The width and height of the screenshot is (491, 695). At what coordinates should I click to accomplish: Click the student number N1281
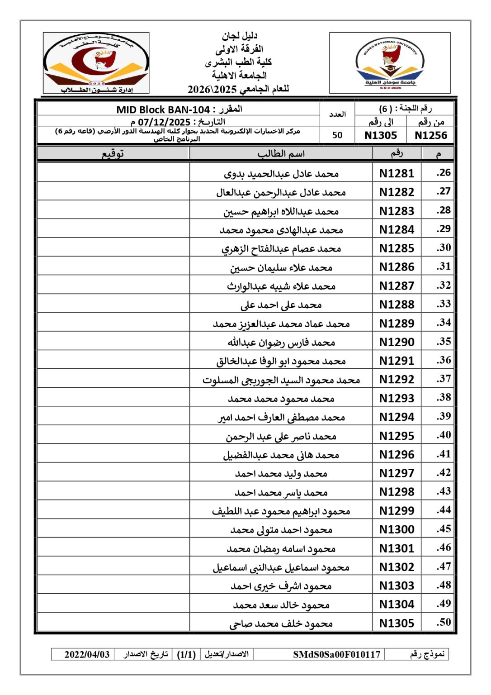coord(397,173)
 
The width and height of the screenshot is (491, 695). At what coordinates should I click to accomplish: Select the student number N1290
coord(397,342)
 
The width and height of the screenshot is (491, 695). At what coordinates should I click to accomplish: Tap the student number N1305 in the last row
coord(397,623)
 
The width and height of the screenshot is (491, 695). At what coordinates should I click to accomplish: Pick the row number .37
coord(444,379)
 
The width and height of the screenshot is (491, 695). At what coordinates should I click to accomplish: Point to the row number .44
coord(444,510)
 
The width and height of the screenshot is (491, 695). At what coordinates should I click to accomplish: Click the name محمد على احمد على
coord(281,305)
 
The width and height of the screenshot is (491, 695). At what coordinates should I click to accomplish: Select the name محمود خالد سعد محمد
coord(281,605)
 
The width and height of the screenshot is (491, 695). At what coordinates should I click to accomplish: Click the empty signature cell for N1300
coord(113,529)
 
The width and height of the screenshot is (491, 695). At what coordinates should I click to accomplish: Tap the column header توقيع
coord(113,154)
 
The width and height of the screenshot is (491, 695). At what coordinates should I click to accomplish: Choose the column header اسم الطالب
coord(281,154)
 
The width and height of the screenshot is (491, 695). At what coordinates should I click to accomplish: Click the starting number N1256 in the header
coord(430,135)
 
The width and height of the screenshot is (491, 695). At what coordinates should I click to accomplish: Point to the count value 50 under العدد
coord(337,135)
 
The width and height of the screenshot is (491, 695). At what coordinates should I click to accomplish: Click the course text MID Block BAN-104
coord(163,109)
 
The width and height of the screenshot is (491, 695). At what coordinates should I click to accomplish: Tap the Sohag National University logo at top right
coord(390,63)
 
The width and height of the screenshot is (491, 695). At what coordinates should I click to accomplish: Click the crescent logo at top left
coord(96,63)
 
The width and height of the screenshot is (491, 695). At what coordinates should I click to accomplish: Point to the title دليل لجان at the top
coord(239,36)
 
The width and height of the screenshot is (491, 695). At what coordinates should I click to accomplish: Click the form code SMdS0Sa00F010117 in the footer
coord(336,654)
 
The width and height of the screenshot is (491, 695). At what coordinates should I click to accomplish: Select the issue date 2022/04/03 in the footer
coord(87,654)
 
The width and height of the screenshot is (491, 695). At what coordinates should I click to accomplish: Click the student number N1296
coord(397,454)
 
